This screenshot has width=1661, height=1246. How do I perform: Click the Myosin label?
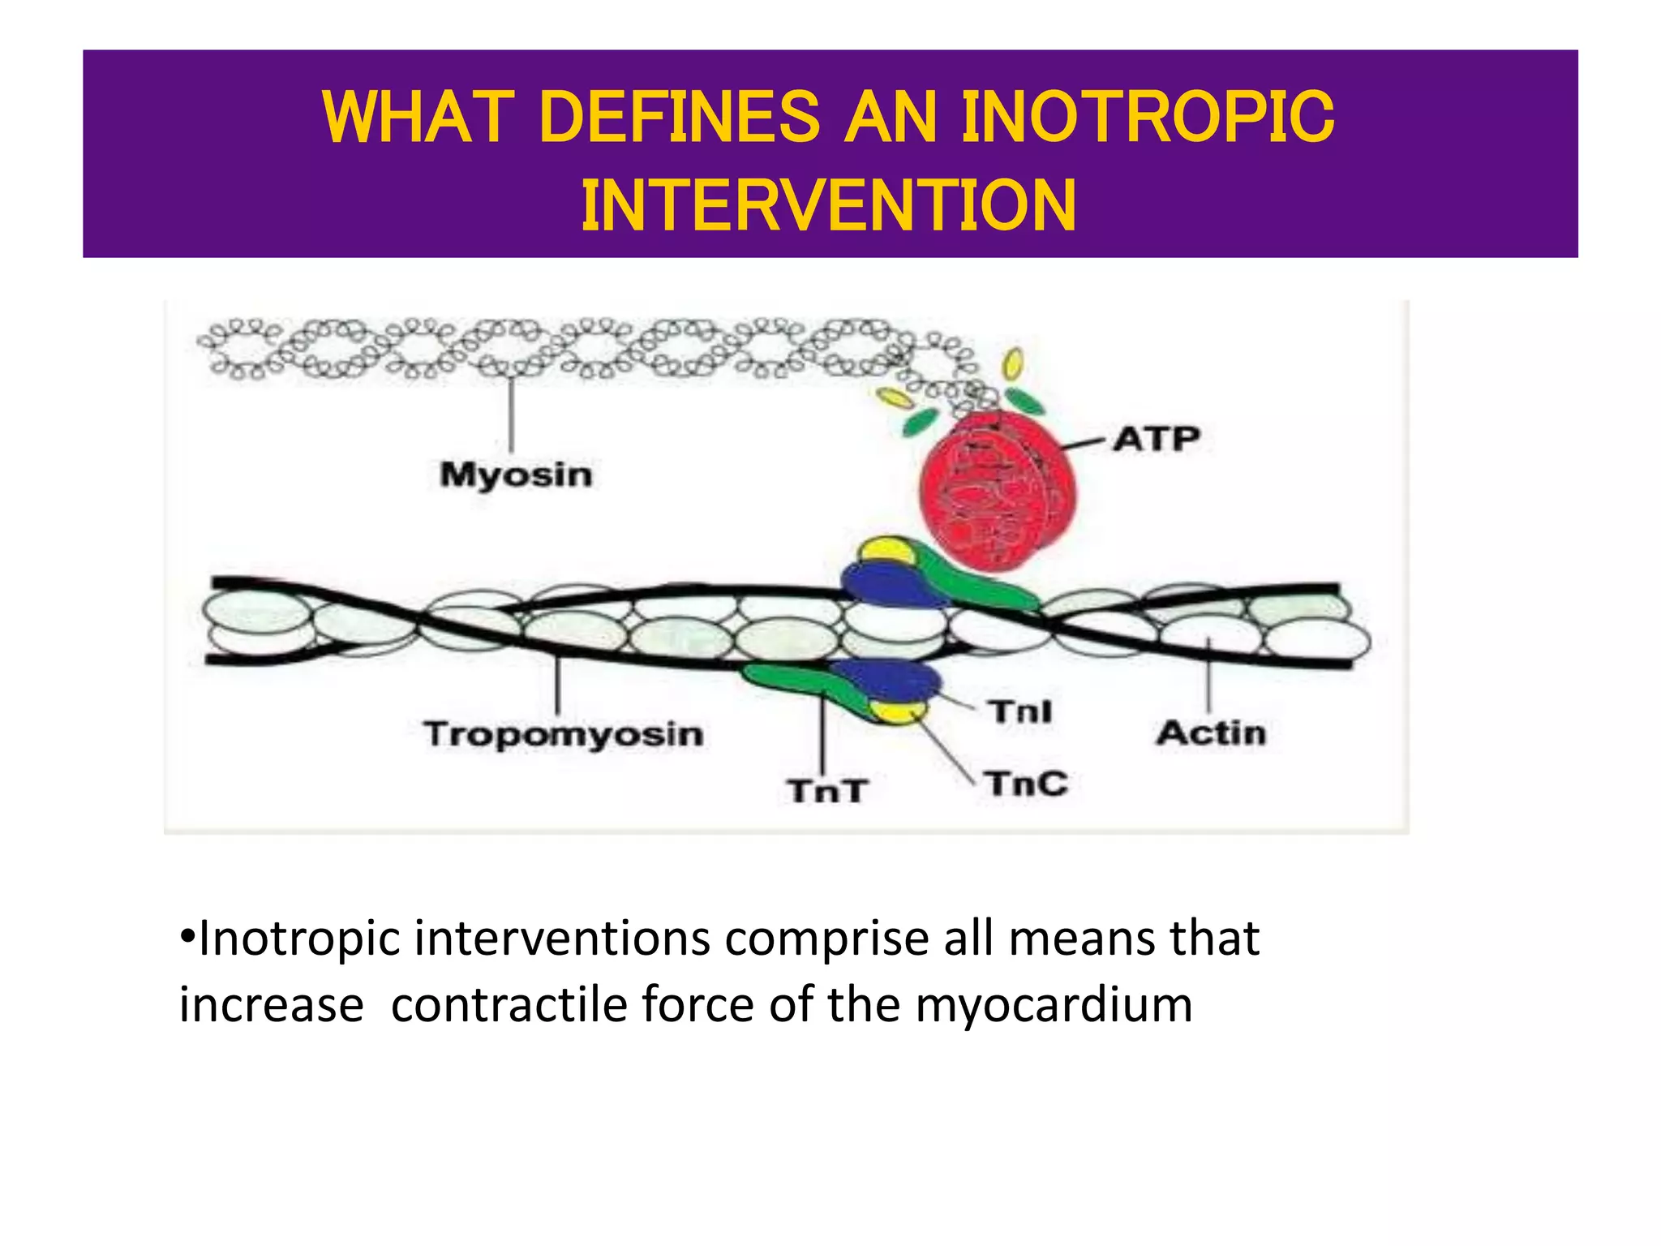point(516,475)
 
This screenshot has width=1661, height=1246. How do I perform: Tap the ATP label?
point(1155,439)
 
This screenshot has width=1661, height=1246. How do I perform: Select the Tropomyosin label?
point(563,733)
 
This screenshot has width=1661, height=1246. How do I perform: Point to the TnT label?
point(827,790)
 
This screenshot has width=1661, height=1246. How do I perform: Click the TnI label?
point(1020,711)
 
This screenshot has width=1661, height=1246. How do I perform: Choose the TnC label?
point(1026,784)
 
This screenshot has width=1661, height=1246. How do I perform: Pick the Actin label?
point(1210,733)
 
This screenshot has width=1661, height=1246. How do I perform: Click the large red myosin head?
point(998,491)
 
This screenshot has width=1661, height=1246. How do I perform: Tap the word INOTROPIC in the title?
point(1147,118)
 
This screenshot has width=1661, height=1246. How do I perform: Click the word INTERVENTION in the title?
point(829,206)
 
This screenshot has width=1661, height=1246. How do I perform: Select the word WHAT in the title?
point(418,118)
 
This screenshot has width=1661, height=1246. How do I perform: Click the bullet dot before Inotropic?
point(187,937)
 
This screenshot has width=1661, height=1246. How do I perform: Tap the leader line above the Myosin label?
point(511,414)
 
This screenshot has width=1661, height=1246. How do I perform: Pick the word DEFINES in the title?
point(680,118)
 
